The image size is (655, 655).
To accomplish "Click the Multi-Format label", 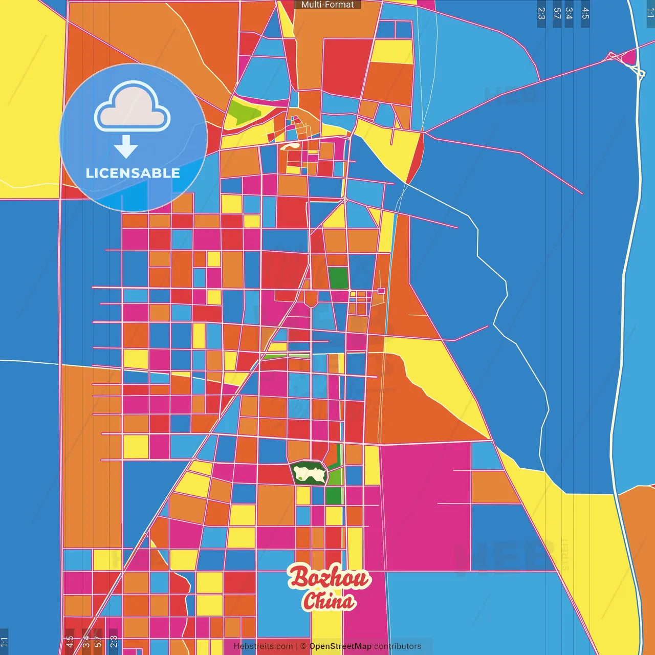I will coord(327,5).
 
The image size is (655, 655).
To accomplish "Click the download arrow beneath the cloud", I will coord(126,147).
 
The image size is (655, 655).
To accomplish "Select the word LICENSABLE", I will coord(133,173).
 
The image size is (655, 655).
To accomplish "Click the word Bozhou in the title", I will coord(328,577).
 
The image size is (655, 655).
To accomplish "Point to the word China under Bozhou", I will coord(329,601).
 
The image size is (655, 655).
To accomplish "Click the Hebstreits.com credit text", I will coord(263,646).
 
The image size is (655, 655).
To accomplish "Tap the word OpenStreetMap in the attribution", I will coord(340,646).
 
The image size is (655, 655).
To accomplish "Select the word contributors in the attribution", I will coord(398,646).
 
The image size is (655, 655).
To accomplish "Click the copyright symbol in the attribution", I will coord(303,646).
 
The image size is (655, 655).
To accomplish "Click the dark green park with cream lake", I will coord(309,473).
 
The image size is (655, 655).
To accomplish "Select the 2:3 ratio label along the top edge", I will coord(541,13).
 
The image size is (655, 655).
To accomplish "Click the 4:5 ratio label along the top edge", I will coord(585,13).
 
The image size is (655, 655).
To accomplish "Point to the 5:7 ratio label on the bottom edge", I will coord(98,641).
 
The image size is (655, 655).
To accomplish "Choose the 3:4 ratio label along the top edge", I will coord(569,13).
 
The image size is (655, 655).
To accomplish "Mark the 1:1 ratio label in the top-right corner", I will coord(650,13).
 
